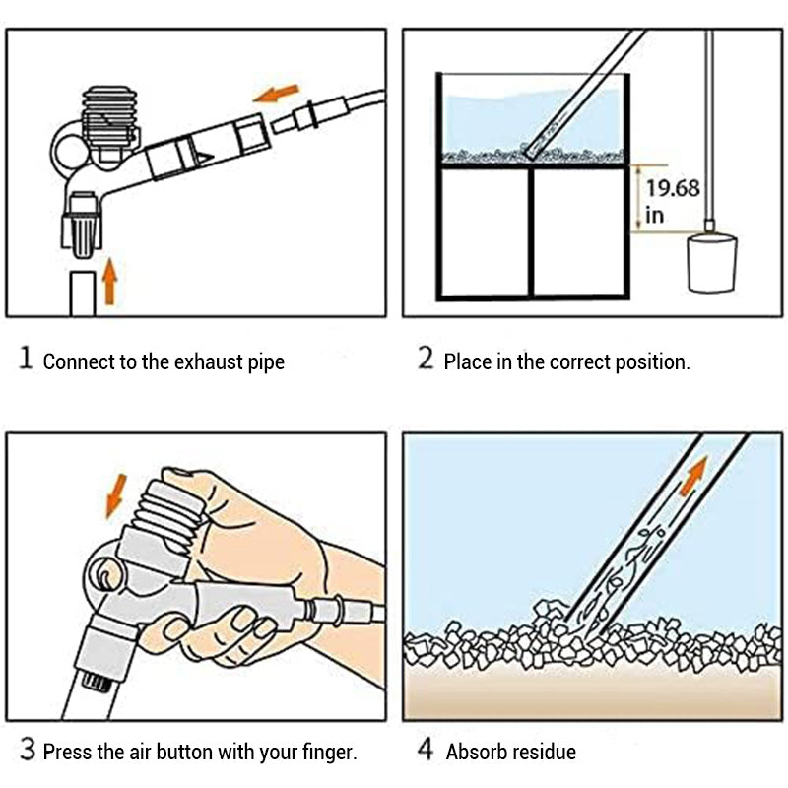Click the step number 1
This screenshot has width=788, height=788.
[26, 359]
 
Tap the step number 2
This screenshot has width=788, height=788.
[426, 359]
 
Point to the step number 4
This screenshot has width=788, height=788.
[426, 751]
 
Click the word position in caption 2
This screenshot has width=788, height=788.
[646, 361]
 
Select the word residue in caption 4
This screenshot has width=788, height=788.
[543, 754]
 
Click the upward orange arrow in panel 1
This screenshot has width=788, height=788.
[110, 282]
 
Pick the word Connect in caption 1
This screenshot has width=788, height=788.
[79, 361]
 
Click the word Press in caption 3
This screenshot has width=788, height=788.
[68, 754]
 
